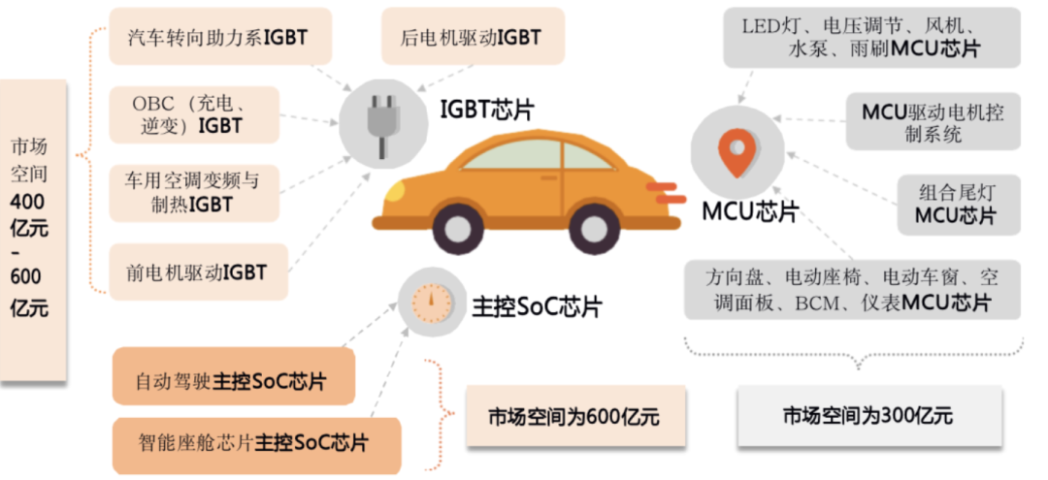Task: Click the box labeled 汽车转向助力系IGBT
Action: click(220, 38)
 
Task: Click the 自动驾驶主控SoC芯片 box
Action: click(233, 381)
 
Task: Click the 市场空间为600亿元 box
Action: click(575, 417)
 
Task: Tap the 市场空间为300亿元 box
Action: click(869, 417)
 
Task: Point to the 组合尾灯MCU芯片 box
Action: click(956, 204)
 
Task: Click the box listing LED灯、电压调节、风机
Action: click(873, 38)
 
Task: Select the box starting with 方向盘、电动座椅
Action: click(852, 290)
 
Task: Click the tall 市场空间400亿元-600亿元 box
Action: click(33, 229)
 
